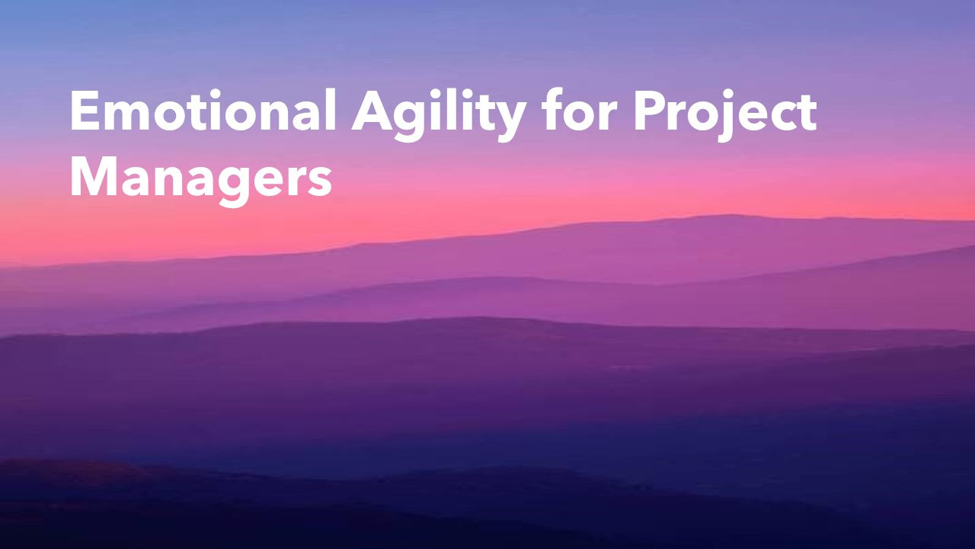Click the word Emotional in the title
pos(203,110)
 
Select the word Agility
pos(439,115)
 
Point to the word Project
pos(725,115)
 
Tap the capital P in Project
pos(651,110)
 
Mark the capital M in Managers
pos(93,175)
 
